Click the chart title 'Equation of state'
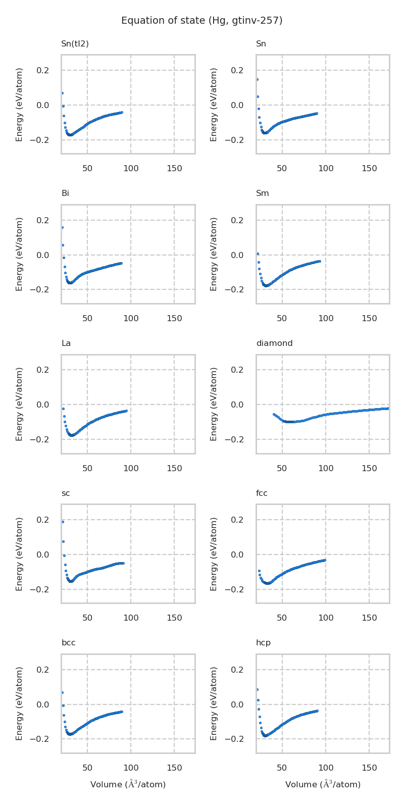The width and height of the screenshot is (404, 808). click(201, 21)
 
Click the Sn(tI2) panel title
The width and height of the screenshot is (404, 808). click(75, 44)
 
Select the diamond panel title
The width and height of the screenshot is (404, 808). click(274, 343)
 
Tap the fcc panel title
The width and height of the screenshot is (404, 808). click(262, 493)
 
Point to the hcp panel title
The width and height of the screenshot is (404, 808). click(263, 643)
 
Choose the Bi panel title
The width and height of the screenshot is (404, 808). click(65, 193)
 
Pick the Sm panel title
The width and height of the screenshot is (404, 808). click(262, 193)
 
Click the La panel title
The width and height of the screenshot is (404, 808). click(66, 343)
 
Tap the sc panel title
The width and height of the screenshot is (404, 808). click(66, 493)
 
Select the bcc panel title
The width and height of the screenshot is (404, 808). click(68, 643)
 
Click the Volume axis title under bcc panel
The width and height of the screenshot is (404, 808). click(128, 784)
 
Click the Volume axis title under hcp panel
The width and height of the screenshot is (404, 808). click(323, 784)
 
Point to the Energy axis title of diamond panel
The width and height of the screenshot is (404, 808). click(214, 404)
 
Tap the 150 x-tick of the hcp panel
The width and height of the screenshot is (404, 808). click(369, 768)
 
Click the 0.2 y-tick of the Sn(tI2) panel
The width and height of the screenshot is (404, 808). click(42, 70)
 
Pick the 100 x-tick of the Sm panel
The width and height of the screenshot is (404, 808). click(326, 319)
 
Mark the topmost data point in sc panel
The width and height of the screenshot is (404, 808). click(63, 522)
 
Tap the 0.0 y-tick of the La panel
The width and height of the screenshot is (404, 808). click(42, 405)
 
